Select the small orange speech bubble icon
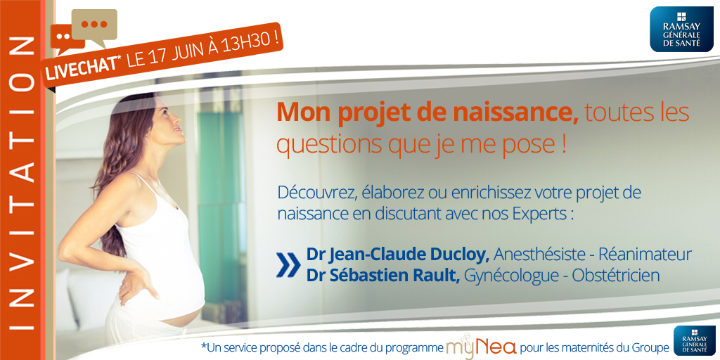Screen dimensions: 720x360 tap(65, 39)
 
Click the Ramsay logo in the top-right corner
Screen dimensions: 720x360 tap(681, 29)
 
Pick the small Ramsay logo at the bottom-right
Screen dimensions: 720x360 tap(694, 341)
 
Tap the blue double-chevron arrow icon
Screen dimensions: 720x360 tap(288, 265)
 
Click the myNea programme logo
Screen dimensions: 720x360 tap(481, 347)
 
